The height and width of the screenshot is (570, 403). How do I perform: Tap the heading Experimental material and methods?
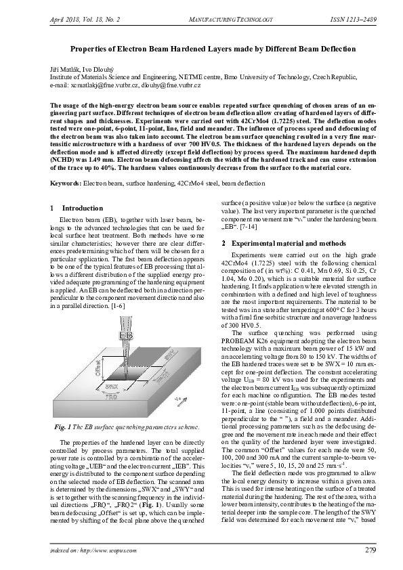(289, 242)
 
